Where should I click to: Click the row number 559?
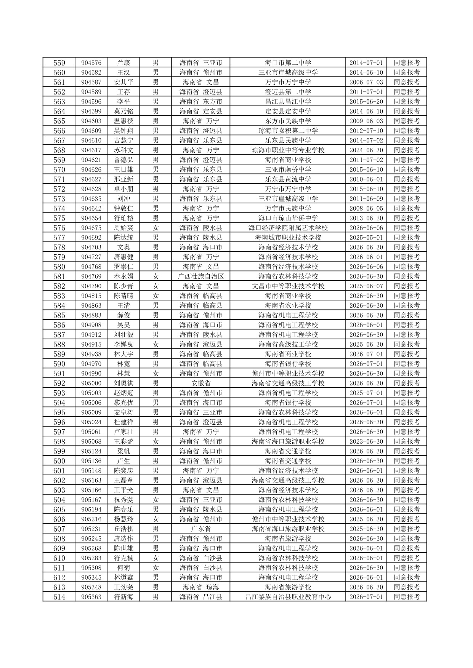tap(59, 63)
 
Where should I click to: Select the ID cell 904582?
tap(91, 72)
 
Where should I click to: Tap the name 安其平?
tap(123, 82)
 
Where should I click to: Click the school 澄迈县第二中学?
tap(288, 92)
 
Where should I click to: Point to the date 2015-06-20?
tap(366, 102)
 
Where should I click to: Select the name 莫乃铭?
tap(123, 111)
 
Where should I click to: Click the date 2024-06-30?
tap(366, 150)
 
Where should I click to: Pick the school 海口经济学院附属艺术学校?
tap(288, 228)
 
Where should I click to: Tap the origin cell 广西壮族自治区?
tap(201, 276)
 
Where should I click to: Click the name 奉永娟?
tap(123, 276)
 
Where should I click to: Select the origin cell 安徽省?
tap(201, 383)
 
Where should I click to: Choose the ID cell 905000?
tap(91, 383)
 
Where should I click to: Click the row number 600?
tap(59, 461)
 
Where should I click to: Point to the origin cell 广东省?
tap(201, 529)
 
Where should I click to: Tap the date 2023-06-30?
tap(366, 441)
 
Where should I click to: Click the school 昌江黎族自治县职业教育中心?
tap(288, 597)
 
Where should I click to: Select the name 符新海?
tap(123, 597)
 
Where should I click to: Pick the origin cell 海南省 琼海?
tap(201, 587)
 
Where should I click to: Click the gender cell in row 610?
tap(156, 558)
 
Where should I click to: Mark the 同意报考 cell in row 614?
tap(407, 597)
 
